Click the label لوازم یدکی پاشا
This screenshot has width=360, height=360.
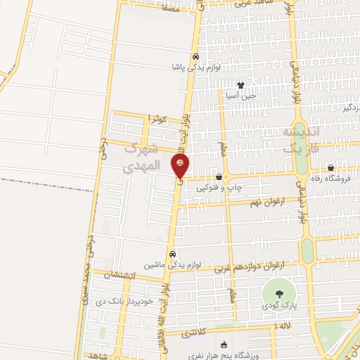[196, 68]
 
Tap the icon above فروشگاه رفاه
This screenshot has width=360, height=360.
[330, 168]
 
